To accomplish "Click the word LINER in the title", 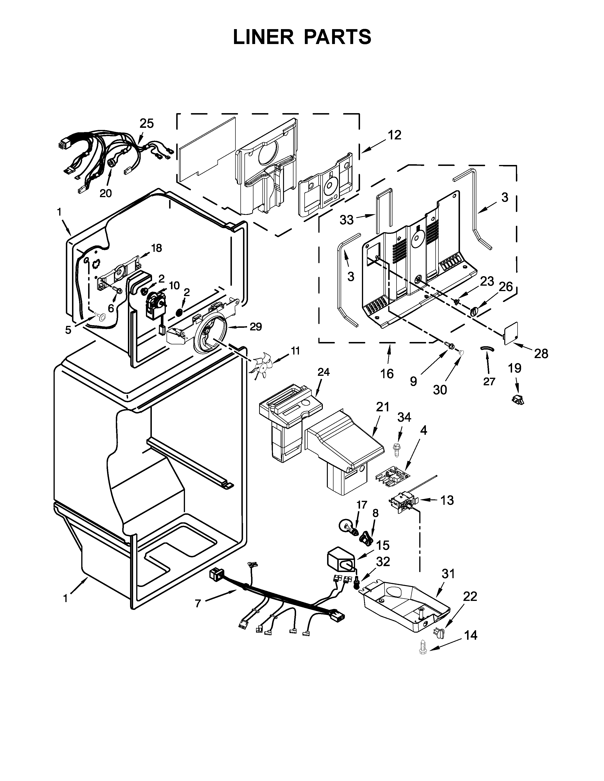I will coord(263,37).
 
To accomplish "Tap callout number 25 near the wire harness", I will coord(147,123).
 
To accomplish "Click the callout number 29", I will coord(256,327).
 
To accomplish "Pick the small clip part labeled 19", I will coord(518,399).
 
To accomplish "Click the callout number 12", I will coord(395,135).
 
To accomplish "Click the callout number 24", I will coord(324,372).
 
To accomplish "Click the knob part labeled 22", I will coord(439,632).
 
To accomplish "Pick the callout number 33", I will coord(346,220).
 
